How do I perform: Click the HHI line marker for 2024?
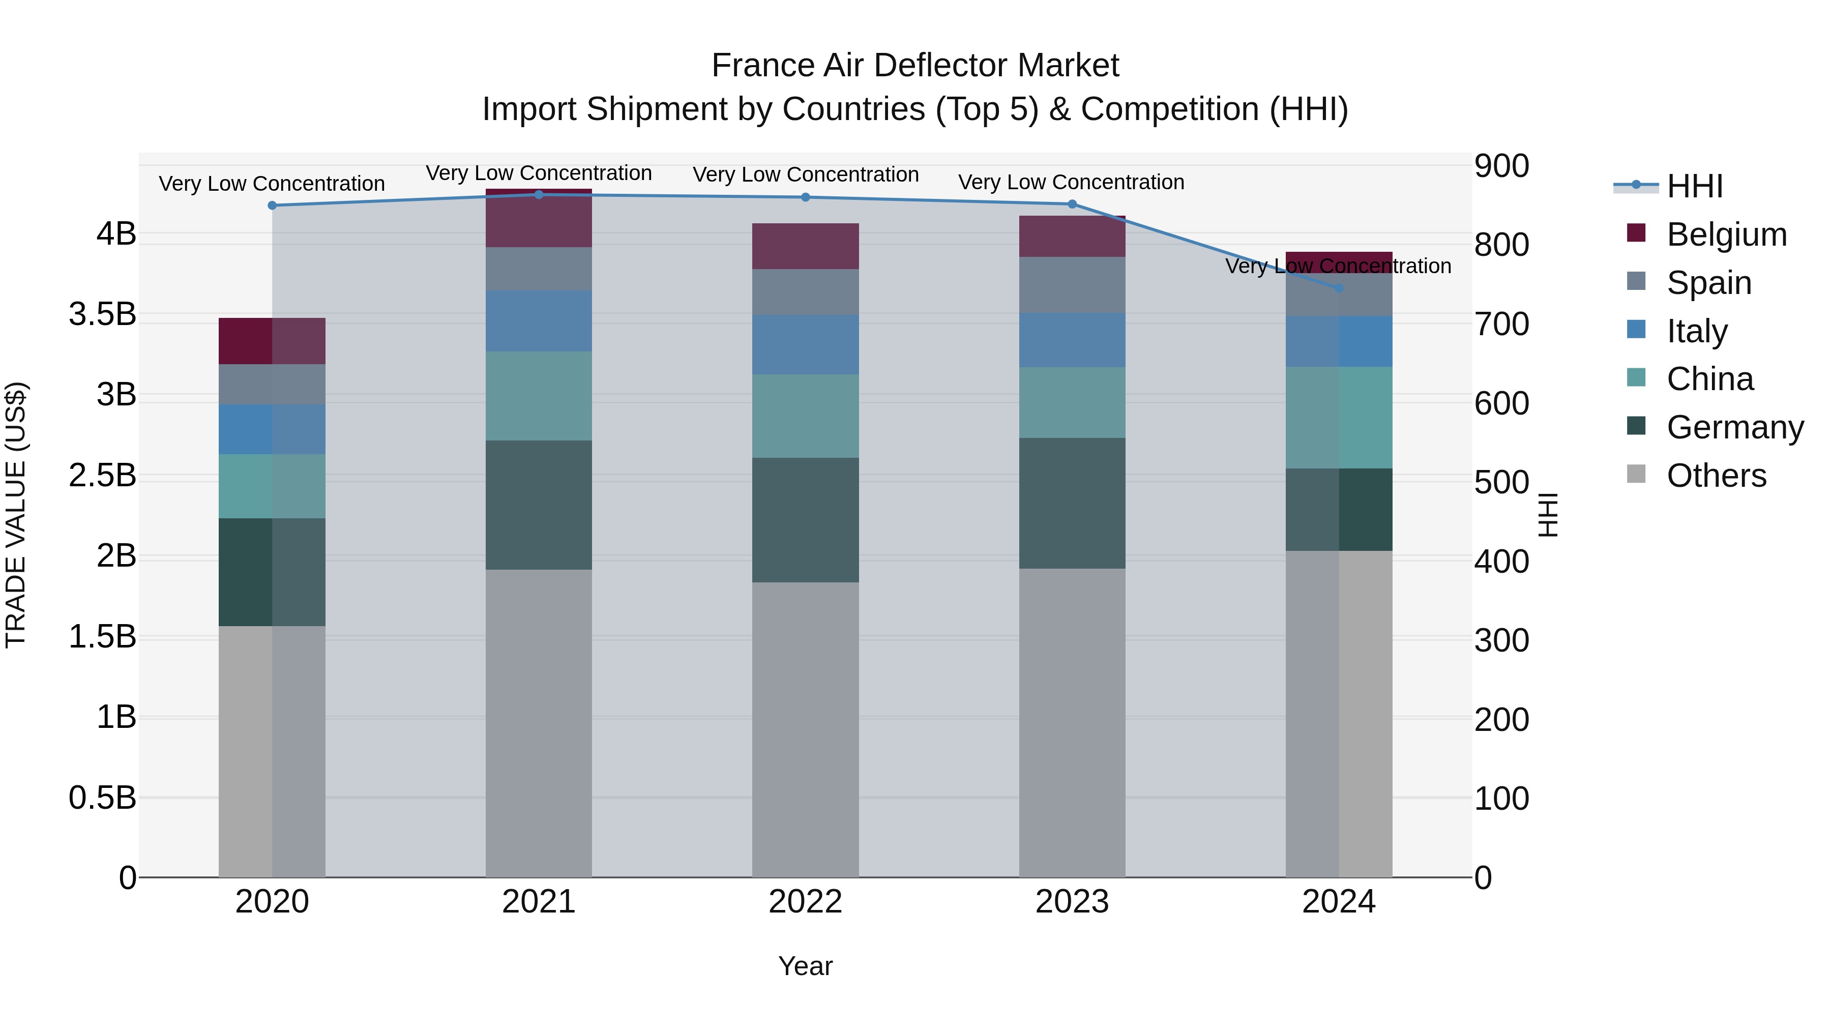click(x=1339, y=288)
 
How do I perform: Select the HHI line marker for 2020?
click(x=272, y=205)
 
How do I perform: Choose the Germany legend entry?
click(x=1734, y=427)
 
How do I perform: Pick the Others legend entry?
click(x=1716, y=476)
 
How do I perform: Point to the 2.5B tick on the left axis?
click(x=102, y=475)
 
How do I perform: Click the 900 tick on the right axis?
click(x=1501, y=166)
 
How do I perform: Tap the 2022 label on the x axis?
click(x=805, y=901)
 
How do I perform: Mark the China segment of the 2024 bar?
click(x=1339, y=418)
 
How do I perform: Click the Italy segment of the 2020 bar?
click(x=272, y=429)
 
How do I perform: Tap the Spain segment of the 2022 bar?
click(x=805, y=291)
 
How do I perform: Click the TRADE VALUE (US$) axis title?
click(x=16, y=515)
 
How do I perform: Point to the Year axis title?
click(x=805, y=966)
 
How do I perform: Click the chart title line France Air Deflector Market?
click(x=915, y=66)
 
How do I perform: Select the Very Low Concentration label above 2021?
click(x=539, y=173)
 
